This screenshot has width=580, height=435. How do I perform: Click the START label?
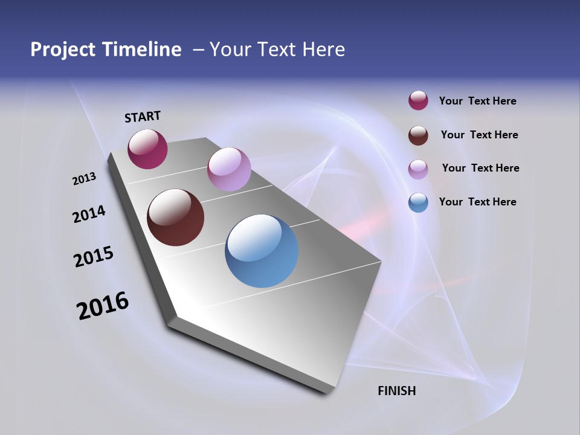click(143, 117)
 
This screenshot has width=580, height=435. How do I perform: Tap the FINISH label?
click(396, 391)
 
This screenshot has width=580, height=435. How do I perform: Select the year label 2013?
click(84, 179)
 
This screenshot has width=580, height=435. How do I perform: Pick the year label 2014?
click(89, 214)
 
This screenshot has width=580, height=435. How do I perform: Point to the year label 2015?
click(94, 257)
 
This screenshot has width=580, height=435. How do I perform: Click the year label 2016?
click(103, 306)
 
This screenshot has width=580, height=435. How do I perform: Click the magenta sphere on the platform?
click(147, 149)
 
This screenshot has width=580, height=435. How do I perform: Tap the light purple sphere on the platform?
click(229, 169)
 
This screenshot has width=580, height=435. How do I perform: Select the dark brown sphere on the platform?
click(175, 217)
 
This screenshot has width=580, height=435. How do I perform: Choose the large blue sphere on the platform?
click(262, 251)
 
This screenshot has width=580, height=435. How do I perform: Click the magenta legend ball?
click(418, 100)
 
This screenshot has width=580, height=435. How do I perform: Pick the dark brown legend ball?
click(418, 135)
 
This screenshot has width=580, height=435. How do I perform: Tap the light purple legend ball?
click(418, 169)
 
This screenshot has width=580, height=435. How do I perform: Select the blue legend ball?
click(418, 202)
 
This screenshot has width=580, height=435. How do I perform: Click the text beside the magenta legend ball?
click(477, 101)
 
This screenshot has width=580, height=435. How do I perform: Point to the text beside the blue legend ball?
click(477, 202)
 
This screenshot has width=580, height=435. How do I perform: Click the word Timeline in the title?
click(142, 50)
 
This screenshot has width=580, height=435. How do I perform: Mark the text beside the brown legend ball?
click(479, 135)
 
